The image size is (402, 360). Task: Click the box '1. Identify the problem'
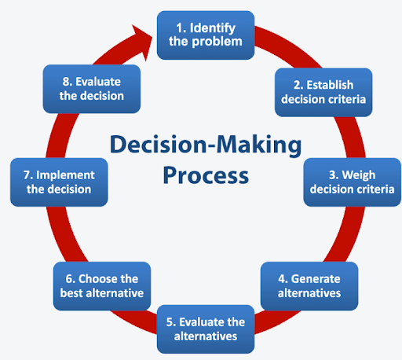pos(206,35)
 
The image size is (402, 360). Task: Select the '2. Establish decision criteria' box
pos(323,92)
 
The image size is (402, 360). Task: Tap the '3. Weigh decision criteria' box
pos(353,182)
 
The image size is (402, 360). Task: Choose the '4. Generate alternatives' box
pos(309,286)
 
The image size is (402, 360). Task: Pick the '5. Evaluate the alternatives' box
pos(206,329)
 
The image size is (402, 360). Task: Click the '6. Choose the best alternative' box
pos(102,286)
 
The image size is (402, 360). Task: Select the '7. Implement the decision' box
pos(59,182)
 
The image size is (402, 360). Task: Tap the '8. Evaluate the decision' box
pos(92,89)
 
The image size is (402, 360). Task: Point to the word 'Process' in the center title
pos(206,176)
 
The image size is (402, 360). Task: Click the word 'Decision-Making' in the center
pos(206,145)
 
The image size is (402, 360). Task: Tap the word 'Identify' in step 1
pos(213,28)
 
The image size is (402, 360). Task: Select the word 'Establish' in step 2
pos(330,85)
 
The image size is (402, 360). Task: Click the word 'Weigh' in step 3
pos(359,175)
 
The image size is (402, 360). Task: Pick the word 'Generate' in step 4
pos(316,279)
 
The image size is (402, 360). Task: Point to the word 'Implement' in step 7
pos(65,175)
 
